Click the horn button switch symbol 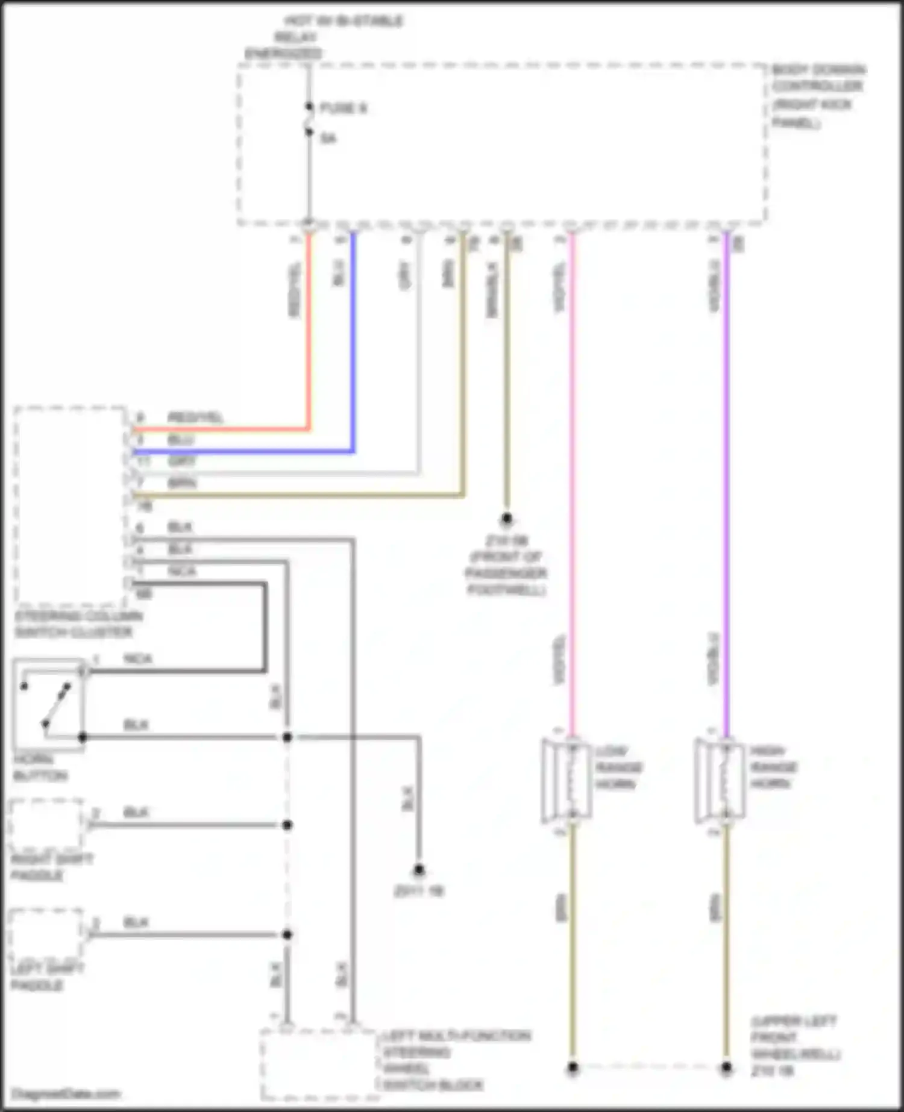pyautogui.click(x=48, y=704)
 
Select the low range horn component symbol pyautogui.click(x=567, y=780)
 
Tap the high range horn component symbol pyautogui.click(x=721, y=780)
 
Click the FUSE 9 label pyautogui.click(x=343, y=108)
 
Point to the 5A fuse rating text pyautogui.click(x=328, y=139)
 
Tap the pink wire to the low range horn pyautogui.click(x=571, y=482)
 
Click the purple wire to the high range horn pyautogui.click(x=727, y=482)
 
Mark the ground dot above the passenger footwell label pyautogui.click(x=507, y=519)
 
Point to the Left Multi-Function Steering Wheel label pyautogui.click(x=456, y=1060)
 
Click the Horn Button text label pyautogui.click(x=40, y=767)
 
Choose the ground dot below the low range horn pyautogui.click(x=573, y=1068)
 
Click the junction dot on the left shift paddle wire pyautogui.click(x=287, y=934)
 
